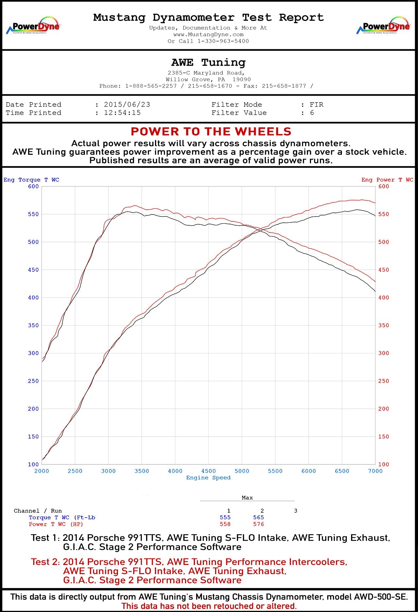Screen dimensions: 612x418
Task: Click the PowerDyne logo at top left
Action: [33, 26]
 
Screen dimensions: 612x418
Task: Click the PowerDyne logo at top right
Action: [383, 26]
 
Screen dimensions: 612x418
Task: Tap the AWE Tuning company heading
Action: [208, 62]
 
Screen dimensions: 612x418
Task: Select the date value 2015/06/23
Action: [127, 105]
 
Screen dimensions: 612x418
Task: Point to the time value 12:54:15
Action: [122, 113]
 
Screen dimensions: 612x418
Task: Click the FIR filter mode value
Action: [316, 105]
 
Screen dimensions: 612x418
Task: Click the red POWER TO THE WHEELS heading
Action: [211, 132]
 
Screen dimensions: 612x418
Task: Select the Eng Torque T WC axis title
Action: [31, 180]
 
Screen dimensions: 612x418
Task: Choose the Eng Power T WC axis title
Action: [387, 180]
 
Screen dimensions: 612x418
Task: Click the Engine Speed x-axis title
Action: [208, 477]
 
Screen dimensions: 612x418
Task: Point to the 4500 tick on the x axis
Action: [208, 471]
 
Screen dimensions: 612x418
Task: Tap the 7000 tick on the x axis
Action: [375, 471]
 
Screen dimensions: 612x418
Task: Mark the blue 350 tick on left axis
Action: [33, 325]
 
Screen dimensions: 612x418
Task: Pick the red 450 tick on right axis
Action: [384, 270]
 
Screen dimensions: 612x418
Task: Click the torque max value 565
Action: [258, 517]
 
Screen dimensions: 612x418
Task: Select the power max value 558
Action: [225, 524]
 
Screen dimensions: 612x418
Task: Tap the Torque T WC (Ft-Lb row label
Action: [62, 517]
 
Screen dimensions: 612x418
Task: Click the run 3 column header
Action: [296, 511]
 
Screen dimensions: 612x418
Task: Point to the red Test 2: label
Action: [45, 562]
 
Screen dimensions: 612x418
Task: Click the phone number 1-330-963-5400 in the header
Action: [223, 41]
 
